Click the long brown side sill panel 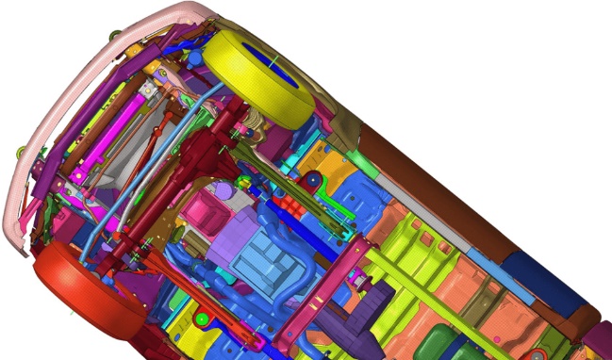[424, 179]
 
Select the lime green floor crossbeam [424, 283]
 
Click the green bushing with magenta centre [357, 279]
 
